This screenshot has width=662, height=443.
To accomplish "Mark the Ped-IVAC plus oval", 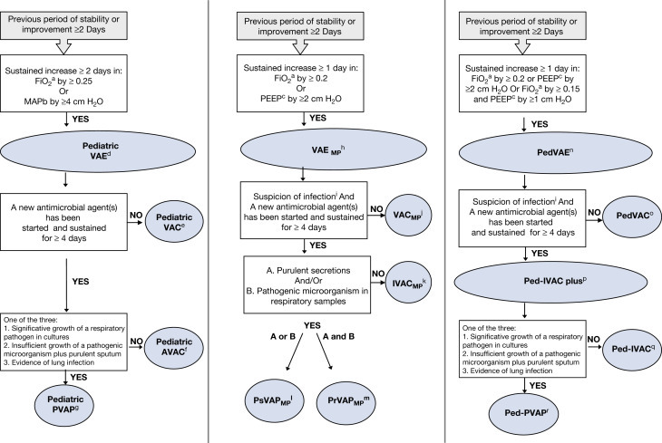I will [x=551, y=284].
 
